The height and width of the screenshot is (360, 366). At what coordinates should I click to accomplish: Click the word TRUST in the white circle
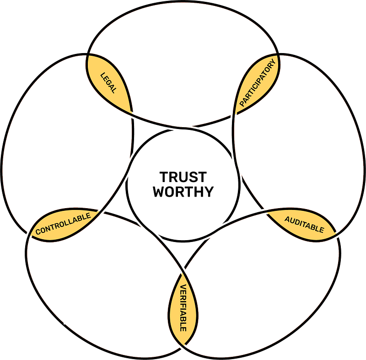(183, 177)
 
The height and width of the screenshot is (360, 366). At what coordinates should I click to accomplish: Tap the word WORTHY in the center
(183, 191)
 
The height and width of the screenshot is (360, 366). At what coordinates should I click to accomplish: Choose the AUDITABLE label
(304, 224)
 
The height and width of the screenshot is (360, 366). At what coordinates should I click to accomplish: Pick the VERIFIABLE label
(183, 307)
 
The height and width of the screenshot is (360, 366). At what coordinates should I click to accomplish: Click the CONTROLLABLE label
(63, 224)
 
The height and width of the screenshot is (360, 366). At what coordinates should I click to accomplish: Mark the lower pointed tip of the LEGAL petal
(134, 114)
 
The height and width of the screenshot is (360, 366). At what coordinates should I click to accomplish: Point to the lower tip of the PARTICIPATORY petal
(234, 114)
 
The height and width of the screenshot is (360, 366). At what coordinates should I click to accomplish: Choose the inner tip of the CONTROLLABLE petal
(102, 211)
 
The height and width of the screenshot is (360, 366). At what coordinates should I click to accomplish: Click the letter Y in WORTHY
(209, 191)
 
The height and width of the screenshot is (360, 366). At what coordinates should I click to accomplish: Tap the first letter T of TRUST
(163, 177)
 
